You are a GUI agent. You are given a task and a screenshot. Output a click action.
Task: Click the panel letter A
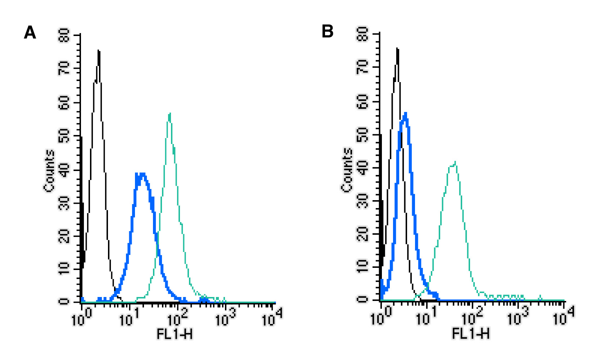click(30, 33)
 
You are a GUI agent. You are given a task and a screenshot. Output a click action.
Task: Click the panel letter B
click(328, 32)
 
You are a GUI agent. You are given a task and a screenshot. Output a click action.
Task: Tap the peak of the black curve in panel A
click(98, 51)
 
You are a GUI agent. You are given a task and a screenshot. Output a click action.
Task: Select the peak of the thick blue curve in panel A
click(141, 174)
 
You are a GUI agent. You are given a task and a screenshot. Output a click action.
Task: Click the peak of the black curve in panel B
click(397, 49)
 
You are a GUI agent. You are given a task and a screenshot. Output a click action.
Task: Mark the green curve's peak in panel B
click(455, 162)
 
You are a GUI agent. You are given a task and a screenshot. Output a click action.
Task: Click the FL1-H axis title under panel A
click(175, 334)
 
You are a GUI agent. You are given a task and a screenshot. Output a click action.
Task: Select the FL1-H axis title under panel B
click(471, 334)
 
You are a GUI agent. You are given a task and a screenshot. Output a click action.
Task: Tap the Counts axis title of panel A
click(49, 171)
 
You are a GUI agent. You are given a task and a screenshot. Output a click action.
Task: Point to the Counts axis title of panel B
click(347, 170)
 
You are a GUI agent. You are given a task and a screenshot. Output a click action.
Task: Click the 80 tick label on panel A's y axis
click(64, 36)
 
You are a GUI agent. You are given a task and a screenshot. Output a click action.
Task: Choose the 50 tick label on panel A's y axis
click(64, 136)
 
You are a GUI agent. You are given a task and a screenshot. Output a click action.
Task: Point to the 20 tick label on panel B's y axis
click(363, 234)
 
